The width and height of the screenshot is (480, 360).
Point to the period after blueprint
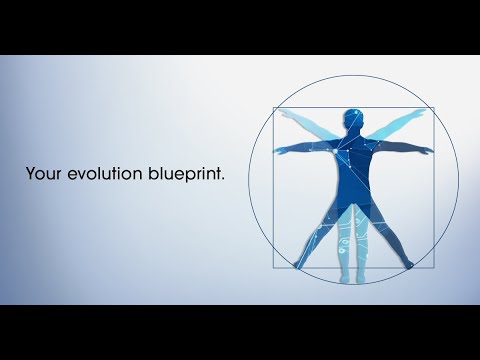(223, 179)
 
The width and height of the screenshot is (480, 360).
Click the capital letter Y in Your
(31, 174)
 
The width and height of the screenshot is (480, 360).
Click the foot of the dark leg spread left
(298, 265)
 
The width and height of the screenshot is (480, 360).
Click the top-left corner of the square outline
(274, 109)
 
